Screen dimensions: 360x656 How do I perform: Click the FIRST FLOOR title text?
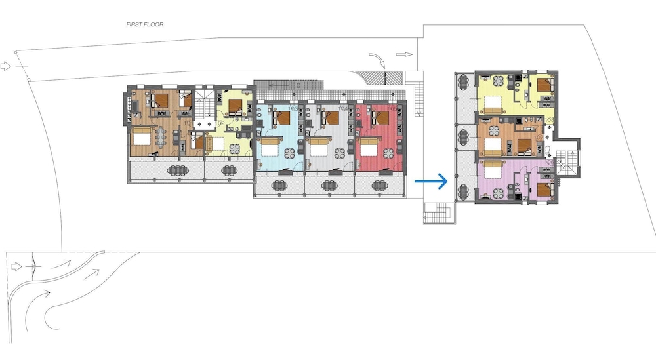(x=145, y=24)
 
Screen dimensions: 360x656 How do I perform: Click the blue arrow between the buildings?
(x=432, y=181)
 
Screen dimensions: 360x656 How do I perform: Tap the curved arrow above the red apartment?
(x=379, y=60)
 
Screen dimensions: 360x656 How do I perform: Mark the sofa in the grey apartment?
(x=319, y=142)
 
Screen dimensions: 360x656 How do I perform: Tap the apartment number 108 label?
(x=550, y=120)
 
